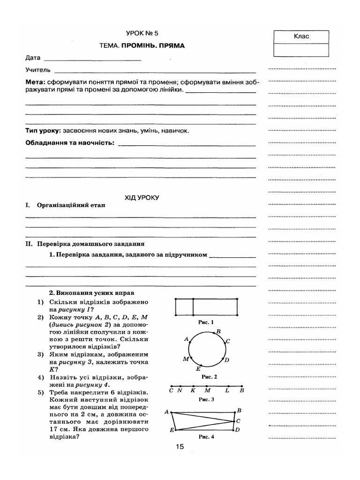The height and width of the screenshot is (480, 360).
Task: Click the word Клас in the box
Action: (301, 36)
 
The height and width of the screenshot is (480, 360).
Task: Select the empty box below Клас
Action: (301, 50)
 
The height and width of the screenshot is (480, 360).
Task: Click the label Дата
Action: (33, 58)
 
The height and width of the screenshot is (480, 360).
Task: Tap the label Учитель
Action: (38, 70)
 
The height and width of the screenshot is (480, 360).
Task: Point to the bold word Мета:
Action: (35, 82)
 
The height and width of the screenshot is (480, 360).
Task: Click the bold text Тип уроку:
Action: (44, 131)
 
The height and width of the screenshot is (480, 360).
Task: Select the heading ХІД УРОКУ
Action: (142, 197)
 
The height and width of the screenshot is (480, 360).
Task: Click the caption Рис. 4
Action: (206, 436)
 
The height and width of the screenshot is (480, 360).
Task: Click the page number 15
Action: (180, 447)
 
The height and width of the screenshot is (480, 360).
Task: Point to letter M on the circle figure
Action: (185, 359)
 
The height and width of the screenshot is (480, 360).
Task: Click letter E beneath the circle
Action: (198, 369)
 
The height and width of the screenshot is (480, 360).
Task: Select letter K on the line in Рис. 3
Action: (193, 390)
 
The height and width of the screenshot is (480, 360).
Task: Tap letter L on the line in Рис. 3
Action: (227, 390)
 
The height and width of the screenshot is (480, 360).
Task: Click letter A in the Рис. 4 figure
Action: (166, 412)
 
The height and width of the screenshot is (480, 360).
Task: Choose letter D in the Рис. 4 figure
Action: (238, 429)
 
